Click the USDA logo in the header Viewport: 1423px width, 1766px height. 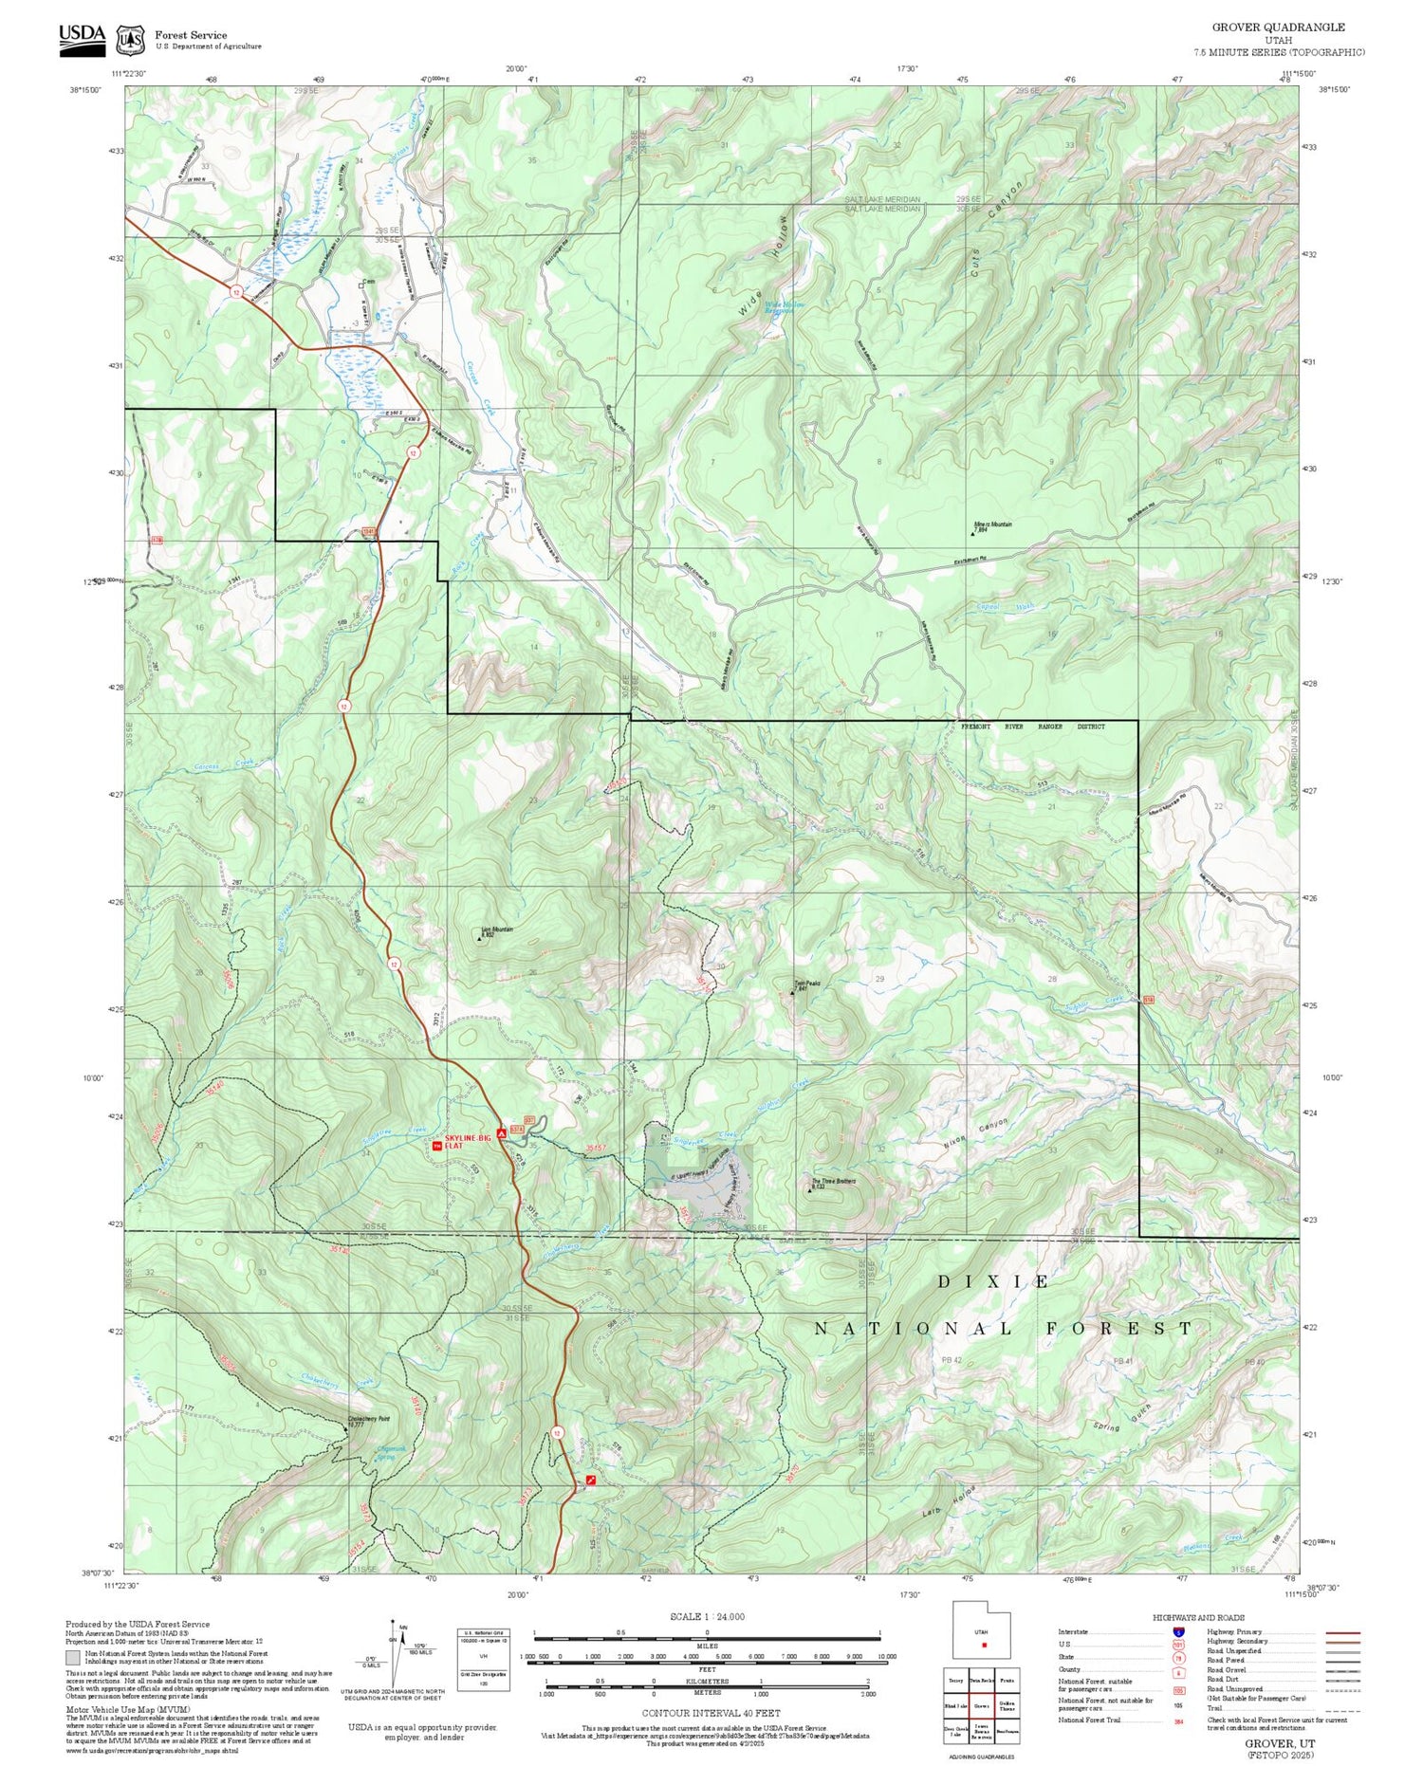coord(82,39)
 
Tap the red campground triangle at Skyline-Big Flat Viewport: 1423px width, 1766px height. coord(501,1131)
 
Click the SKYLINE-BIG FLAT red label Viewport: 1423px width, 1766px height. coord(468,1140)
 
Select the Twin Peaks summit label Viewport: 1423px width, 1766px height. coord(806,985)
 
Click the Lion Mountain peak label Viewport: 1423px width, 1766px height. coord(496,931)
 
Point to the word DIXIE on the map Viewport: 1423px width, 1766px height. coord(993,1281)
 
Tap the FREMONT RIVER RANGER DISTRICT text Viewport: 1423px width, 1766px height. coord(1033,727)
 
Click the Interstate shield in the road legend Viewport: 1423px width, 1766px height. coord(1177,1631)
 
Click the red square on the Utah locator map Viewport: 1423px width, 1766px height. coord(985,1645)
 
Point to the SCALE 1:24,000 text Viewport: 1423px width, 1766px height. coord(707,1616)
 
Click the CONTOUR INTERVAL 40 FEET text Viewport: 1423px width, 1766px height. coord(711,1713)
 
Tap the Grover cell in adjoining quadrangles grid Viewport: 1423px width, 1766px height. coord(981,1705)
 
